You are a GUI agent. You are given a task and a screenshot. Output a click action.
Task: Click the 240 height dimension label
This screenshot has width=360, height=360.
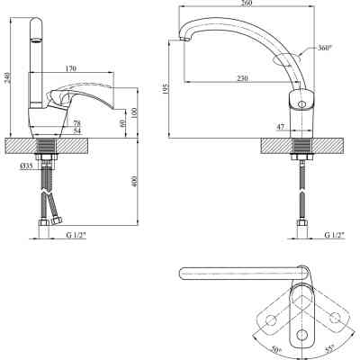coord(8,77)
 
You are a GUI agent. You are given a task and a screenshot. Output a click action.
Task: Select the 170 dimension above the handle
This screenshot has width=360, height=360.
coord(70,68)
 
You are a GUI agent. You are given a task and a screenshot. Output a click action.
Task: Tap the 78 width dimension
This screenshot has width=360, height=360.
coord(77,123)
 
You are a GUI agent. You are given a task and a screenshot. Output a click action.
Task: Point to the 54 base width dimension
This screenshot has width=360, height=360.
coord(77,130)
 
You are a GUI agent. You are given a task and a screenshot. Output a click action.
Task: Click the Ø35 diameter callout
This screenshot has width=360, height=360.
coord(26,166)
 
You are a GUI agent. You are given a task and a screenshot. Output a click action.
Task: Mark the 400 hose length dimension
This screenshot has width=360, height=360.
coord(134,182)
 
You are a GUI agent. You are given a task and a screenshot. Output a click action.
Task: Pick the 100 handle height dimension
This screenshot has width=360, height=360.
coord(134,112)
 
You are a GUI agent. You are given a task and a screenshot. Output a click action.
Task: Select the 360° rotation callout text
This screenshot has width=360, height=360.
coord(325,48)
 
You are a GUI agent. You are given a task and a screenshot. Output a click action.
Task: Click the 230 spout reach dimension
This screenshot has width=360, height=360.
coord(243,78)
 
